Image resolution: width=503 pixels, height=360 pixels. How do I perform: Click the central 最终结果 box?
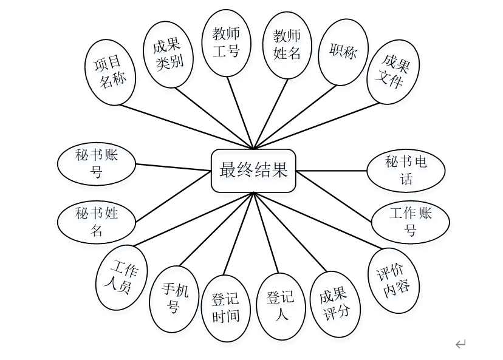coord(253,171)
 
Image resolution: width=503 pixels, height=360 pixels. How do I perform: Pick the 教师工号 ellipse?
coord(226,42)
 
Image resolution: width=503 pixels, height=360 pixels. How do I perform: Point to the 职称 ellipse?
coord(343,53)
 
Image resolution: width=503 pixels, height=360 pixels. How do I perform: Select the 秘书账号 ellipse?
coord(97,164)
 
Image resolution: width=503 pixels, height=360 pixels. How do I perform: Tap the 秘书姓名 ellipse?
coord(97,222)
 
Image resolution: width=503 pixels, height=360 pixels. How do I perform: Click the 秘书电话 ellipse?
coord(406,170)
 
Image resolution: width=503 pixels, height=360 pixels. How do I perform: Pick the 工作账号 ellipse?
coord(411,222)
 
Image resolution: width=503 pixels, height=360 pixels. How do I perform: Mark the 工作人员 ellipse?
coord(122,277)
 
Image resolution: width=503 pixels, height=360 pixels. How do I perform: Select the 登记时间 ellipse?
coord(225,308)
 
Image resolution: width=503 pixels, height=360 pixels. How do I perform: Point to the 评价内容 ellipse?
coord(394,280)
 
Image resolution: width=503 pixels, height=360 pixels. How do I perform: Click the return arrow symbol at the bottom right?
coord(460,344)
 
